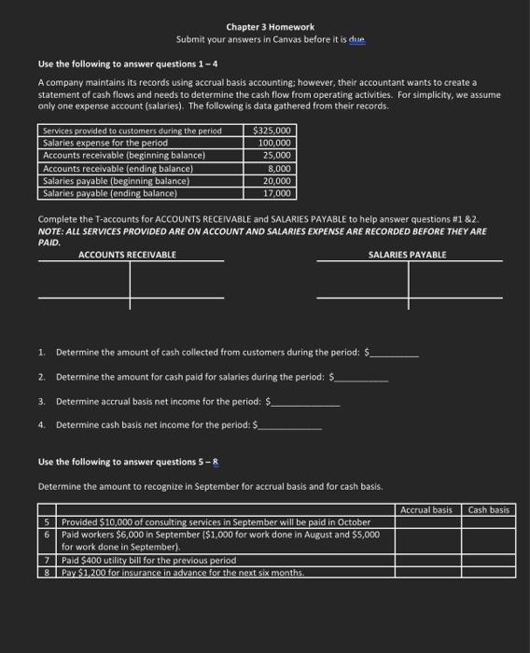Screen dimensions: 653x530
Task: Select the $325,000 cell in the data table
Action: click(x=272, y=131)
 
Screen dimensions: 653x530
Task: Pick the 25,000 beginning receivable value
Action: click(x=277, y=156)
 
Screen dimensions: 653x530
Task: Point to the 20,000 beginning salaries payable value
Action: click(x=277, y=180)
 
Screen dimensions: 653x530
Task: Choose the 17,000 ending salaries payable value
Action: click(x=277, y=193)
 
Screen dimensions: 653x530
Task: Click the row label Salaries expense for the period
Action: click(x=105, y=143)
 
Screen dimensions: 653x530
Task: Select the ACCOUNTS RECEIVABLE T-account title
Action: click(x=129, y=255)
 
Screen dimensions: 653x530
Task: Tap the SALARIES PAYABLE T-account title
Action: click(x=408, y=255)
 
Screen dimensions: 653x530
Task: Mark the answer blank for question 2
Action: click(x=364, y=378)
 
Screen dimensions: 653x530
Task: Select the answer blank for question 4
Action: click(x=291, y=426)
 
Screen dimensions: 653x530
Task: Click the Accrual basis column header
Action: click(x=426, y=509)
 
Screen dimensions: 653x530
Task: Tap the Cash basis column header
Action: click(x=489, y=509)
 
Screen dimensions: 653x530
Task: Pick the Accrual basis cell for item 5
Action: click(x=426, y=521)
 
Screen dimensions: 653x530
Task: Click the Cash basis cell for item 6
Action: click(x=489, y=540)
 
